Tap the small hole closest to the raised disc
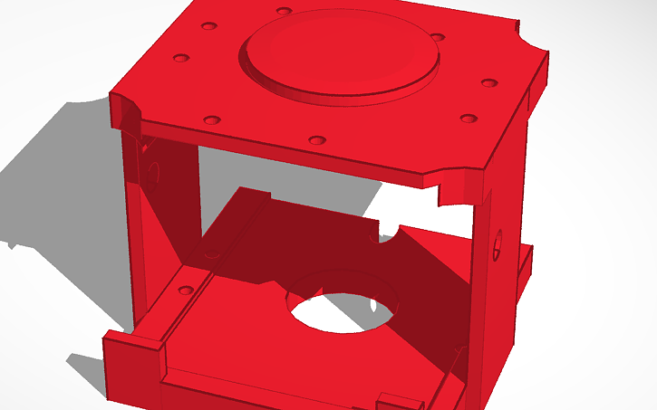coord(438,37)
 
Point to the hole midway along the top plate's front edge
coord(316,140)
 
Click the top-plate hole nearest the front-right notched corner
coord(468,119)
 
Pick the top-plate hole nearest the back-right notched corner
coord(489,83)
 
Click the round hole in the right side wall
coord(497,244)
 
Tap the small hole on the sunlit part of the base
coord(186,291)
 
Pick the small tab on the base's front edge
coord(399,398)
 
